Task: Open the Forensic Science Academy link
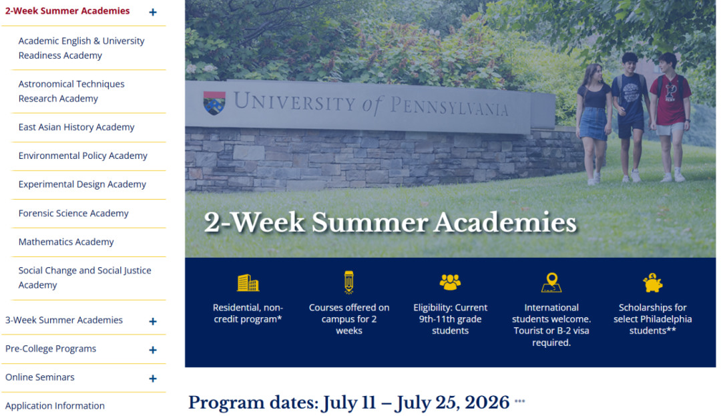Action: pos(73,213)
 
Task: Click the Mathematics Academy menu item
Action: pos(66,242)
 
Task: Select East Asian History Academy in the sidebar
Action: pos(76,127)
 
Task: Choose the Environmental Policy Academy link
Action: pos(83,156)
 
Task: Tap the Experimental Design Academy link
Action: pos(82,184)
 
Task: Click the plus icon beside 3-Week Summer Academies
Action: pos(153,321)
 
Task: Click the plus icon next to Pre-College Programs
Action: pos(153,350)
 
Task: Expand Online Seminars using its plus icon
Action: pos(153,379)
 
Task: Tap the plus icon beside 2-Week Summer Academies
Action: pos(153,13)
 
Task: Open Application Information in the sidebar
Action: pos(55,406)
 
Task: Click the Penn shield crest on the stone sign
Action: pos(214,103)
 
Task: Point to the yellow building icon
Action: pos(248,282)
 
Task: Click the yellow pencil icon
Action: pos(349,282)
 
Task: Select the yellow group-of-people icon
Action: pos(450,282)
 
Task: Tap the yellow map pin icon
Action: pos(552,282)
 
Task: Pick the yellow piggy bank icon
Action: pos(652,282)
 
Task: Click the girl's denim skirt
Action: pos(593,123)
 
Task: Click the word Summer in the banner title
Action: pos(370,222)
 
